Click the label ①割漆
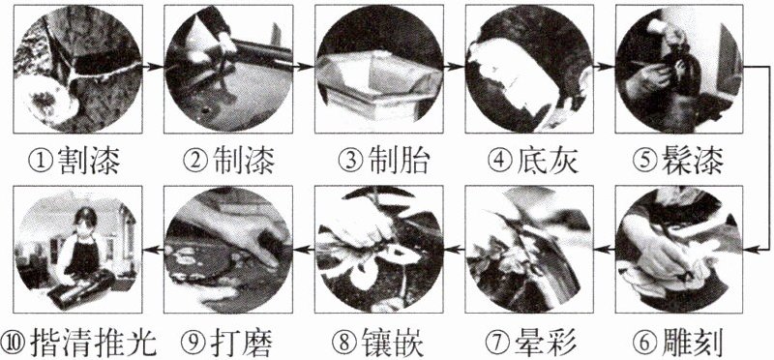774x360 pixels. pos(74,161)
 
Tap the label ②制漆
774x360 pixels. pos(228,161)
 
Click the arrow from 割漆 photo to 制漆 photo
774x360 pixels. pos(153,66)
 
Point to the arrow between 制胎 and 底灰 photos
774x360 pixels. pos(455,66)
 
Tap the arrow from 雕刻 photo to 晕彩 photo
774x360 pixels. pos(605,251)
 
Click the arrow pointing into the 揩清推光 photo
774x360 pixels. pos(153,251)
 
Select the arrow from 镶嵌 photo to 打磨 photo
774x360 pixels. pos(304,251)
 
